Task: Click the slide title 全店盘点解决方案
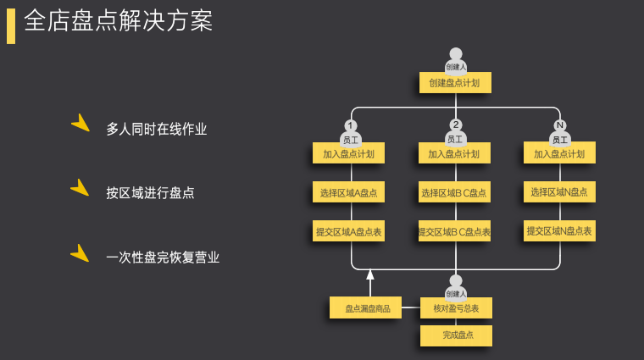(x=119, y=21)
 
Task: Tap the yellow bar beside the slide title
(x=11, y=25)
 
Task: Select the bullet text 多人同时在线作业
(x=157, y=130)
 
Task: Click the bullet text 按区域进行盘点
(x=150, y=193)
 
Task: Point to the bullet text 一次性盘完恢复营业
(x=163, y=258)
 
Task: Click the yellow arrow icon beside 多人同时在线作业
(x=81, y=124)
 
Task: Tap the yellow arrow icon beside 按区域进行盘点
(x=81, y=188)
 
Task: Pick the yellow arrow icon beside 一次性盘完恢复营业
(x=81, y=253)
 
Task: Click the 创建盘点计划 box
(x=455, y=83)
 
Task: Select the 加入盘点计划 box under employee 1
(x=348, y=153)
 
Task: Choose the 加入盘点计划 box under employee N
(x=559, y=153)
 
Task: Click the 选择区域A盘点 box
(x=348, y=192)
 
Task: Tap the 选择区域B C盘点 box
(x=454, y=192)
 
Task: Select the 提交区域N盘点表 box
(x=559, y=230)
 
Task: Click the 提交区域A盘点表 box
(x=348, y=231)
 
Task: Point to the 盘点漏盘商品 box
(x=366, y=308)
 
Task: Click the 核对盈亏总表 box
(x=456, y=308)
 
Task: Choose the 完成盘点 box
(x=456, y=335)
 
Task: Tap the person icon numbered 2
(x=456, y=132)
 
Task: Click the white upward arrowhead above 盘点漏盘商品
(x=370, y=274)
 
